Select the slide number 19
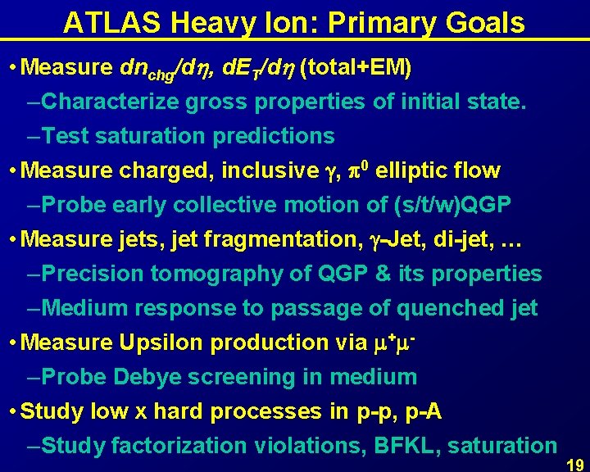pos(575,464)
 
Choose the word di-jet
pos(455,240)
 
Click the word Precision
pos(93,274)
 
